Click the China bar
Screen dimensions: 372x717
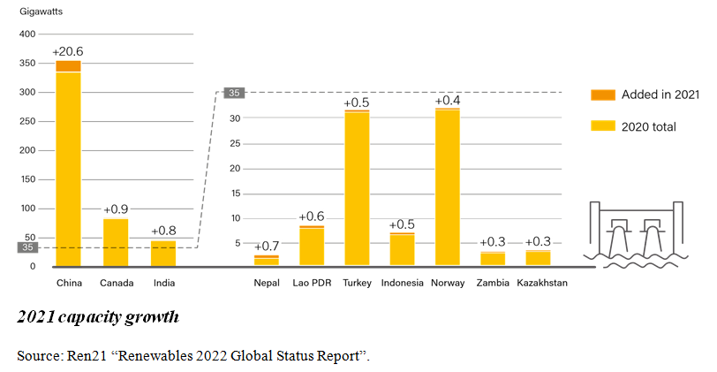pyautogui.click(x=68, y=168)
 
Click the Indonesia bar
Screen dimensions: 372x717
pyautogui.click(x=403, y=249)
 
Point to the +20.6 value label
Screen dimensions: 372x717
pyautogui.click(x=68, y=51)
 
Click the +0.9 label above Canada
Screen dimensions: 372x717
pyautogui.click(x=116, y=209)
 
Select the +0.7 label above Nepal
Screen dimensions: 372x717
pyautogui.click(x=267, y=246)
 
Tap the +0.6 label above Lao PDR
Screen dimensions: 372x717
pyautogui.click(x=312, y=216)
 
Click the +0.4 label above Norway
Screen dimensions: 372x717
pyautogui.click(x=448, y=101)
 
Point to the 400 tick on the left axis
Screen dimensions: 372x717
pyautogui.click(x=27, y=34)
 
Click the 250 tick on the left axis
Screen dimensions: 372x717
pyautogui.click(x=27, y=122)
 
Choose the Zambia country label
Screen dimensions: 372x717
pyautogui.click(x=493, y=283)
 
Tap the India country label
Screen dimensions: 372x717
pyautogui.click(x=163, y=283)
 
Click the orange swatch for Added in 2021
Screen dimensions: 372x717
pyautogui.click(x=602, y=95)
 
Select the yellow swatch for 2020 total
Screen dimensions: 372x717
pyautogui.click(x=602, y=126)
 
